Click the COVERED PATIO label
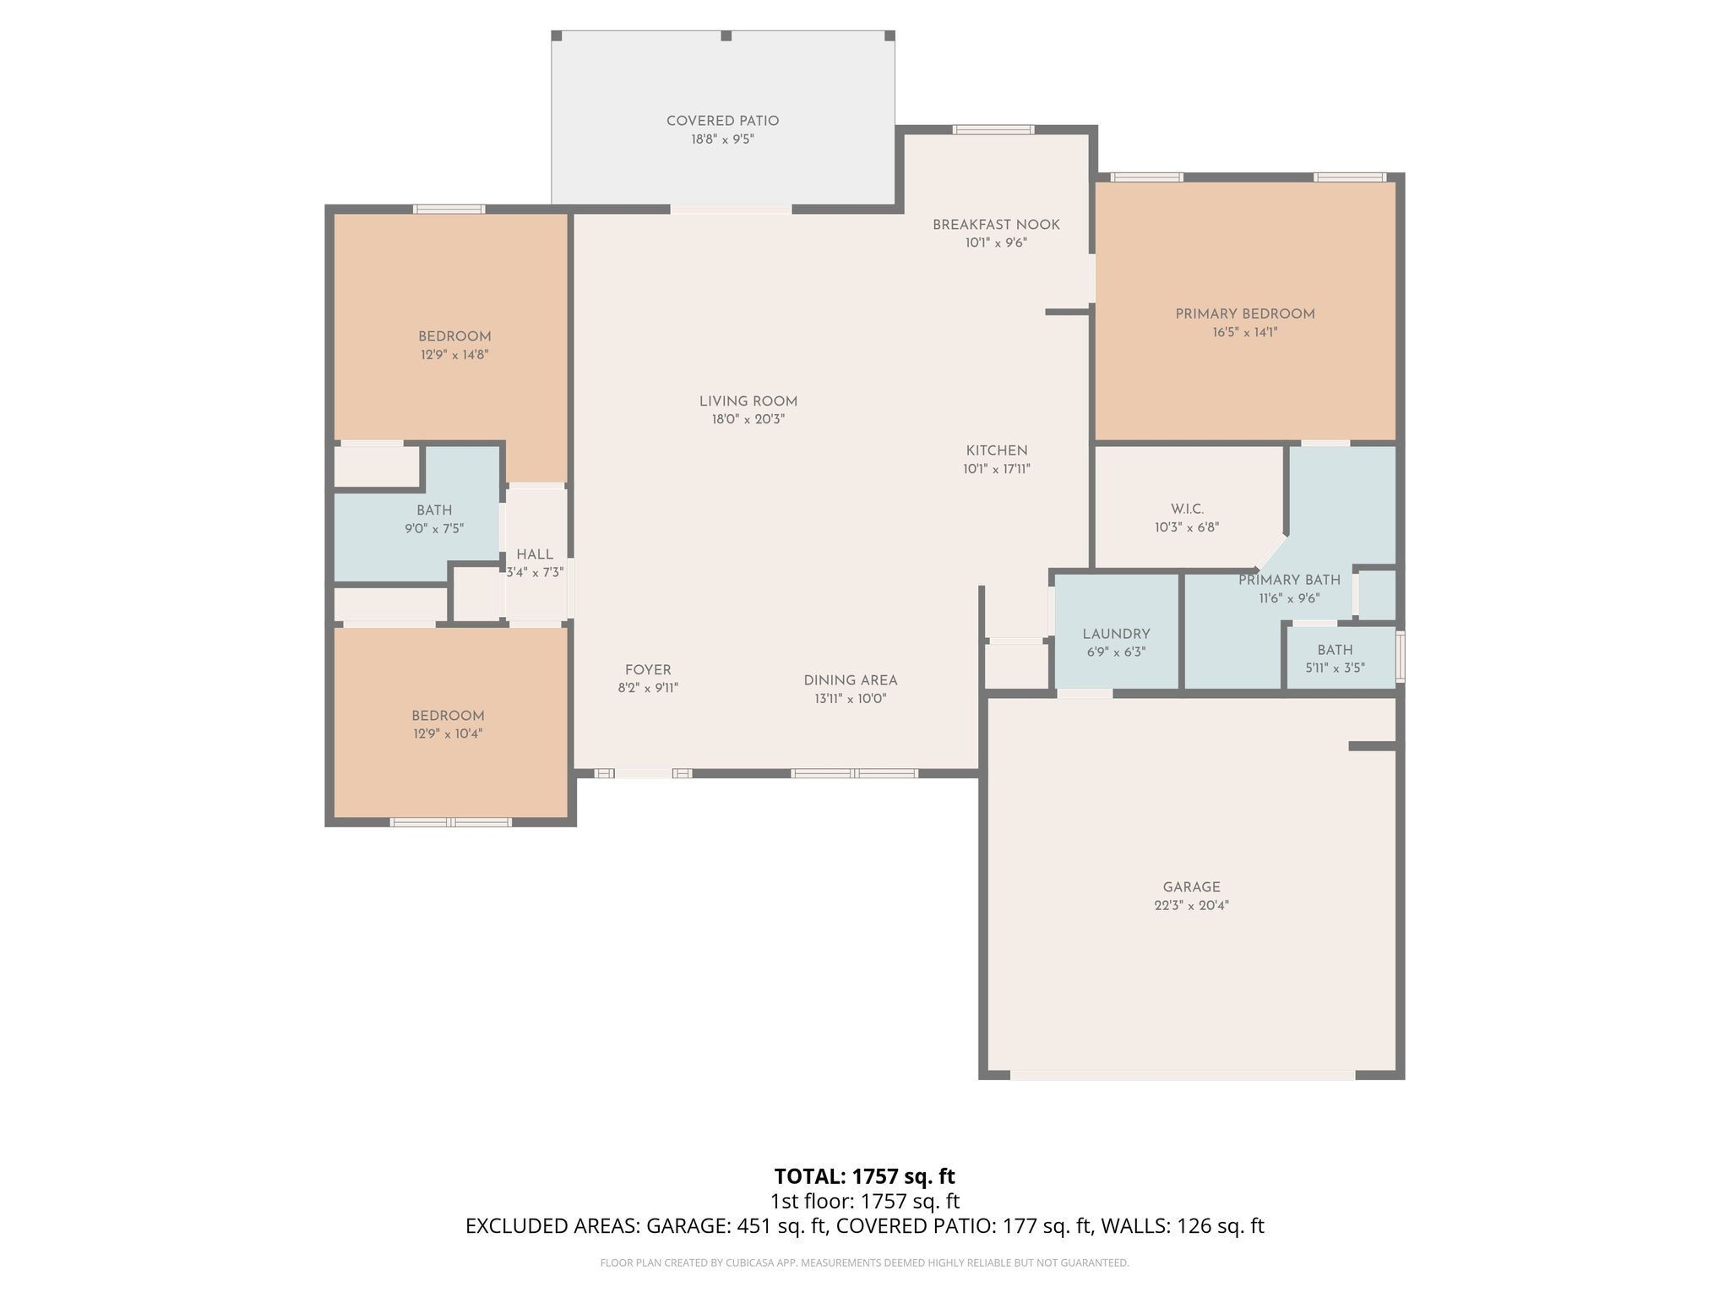coord(722,121)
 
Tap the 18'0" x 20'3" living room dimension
coord(748,419)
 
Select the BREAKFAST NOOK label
coord(996,225)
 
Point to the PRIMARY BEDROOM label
coord(1244,314)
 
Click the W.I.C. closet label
coord(1187,509)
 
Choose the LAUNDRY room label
coord(1116,634)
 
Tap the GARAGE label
coord(1191,887)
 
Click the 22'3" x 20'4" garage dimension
coord(1191,905)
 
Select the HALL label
coord(534,554)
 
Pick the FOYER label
coord(648,670)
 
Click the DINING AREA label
coord(850,680)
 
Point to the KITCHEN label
coord(997,450)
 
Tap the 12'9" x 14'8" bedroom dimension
coord(454,355)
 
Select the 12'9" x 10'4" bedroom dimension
coord(448,734)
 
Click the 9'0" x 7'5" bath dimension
coord(434,529)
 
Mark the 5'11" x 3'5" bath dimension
coord(1335,668)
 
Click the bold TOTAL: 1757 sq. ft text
coord(864,1176)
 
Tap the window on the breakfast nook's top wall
coord(993,129)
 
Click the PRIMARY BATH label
coord(1289,580)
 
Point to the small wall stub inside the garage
coord(1371,746)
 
